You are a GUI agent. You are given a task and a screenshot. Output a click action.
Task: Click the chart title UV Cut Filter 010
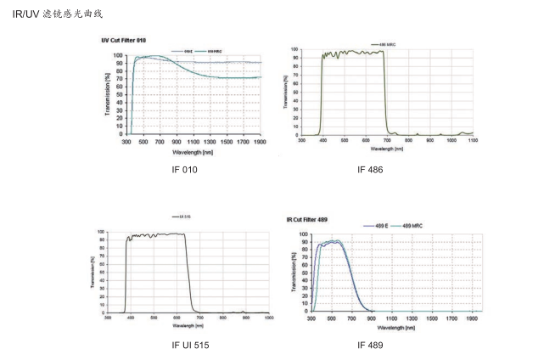click(125, 40)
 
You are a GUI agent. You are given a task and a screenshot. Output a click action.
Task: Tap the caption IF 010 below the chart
click(184, 171)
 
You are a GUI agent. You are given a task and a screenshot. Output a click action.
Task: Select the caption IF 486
click(370, 171)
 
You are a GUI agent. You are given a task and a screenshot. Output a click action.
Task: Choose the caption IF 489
click(370, 346)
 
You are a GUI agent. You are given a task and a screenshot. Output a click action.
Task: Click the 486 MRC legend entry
click(387, 44)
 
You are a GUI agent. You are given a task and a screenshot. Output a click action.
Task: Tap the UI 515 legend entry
click(182, 217)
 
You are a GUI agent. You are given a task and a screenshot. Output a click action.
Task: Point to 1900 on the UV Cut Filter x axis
click(261, 143)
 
